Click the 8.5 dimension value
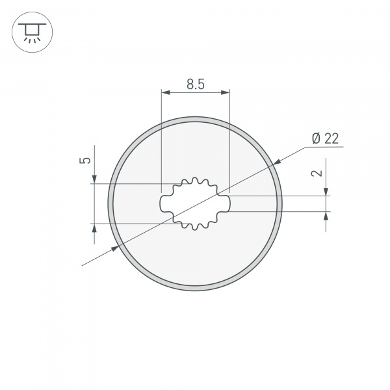pos(196,83)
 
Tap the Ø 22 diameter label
pos(325,138)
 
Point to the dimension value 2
pos(317,173)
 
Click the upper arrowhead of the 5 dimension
pos(95,179)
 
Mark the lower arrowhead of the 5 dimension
pos(95,228)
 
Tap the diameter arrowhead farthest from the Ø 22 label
pos(116,248)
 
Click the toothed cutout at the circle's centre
pos(195,203)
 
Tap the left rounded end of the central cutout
pos(163,203)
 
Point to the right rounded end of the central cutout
pos(227,203)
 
